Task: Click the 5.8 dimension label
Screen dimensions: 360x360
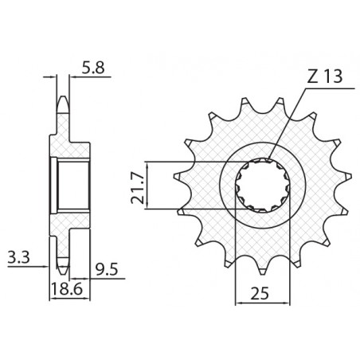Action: tap(92, 69)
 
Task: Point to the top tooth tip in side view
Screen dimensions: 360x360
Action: tap(61, 101)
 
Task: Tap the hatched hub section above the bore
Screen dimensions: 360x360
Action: tap(69, 147)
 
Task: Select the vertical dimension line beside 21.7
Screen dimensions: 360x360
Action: tap(150, 186)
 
